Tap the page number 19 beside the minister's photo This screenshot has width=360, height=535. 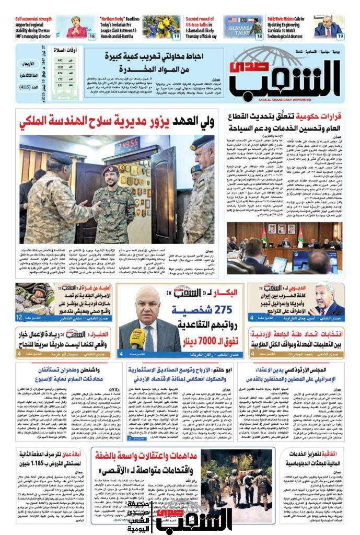(x=340, y=36)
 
